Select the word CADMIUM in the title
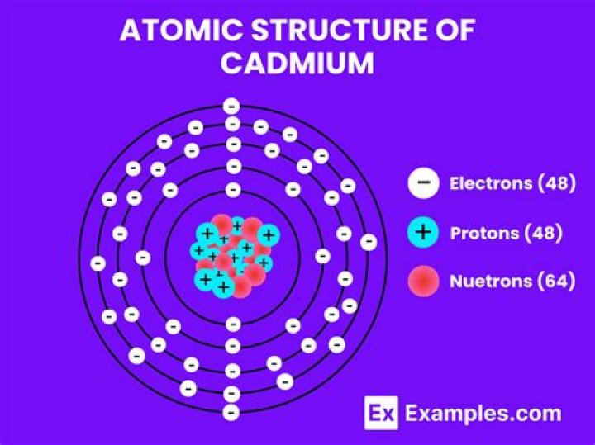pyautogui.click(x=297, y=63)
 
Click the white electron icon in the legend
pyautogui.click(x=423, y=183)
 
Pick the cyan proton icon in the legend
pyautogui.click(x=423, y=232)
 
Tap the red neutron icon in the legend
pyautogui.click(x=423, y=281)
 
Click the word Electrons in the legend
pyautogui.click(x=491, y=183)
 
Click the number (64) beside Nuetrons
pyautogui.click(x=556, y=282)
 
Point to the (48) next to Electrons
pyautogui.click(x=557, y=183)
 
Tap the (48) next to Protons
pyautogui.click(x=543, y=233)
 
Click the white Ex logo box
pyautogui.click(x=381, y=413)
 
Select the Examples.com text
pyautogui.click(x=483, y=414)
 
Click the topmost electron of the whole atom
pyautogui.click(x=231, y=107)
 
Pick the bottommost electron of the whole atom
pyautogui.click(x=231, y=413)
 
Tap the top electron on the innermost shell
pyautogui.click(x=233, y=190)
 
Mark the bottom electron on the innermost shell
pyautogui.click(x=233, y=324)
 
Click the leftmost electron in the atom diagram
pyautogui.click(x=98, y=263)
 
